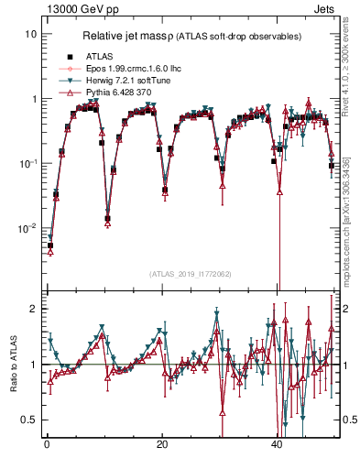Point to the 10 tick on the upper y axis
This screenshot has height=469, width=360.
(x=30, y=34)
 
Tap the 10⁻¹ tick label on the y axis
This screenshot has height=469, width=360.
(x=27, y=163)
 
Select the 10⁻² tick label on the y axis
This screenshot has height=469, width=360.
(x=27, y=227)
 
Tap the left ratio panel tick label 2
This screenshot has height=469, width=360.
(x=33, y=309)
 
